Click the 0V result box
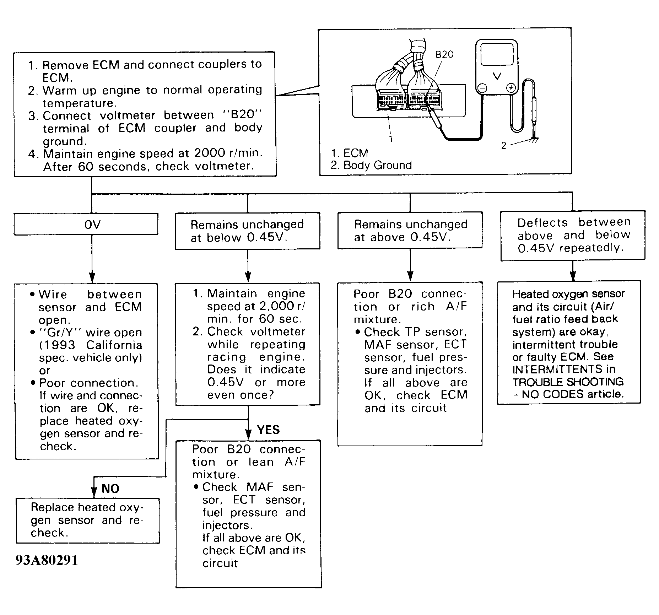point(86,224)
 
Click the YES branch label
point(268,430)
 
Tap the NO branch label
point(110,489)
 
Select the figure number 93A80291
point(47,561)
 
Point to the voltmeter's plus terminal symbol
point(511,88)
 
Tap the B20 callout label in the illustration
point(444,54)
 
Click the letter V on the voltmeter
point(497,76)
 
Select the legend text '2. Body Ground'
point(371,165)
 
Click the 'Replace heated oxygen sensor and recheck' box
point(87,520)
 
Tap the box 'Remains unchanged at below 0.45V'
point(248,231)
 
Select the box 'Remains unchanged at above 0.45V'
point(410,230)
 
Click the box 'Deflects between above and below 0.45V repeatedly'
point(573,235)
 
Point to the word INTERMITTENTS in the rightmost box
point(557,369)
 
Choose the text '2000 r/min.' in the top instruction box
point(228,153)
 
